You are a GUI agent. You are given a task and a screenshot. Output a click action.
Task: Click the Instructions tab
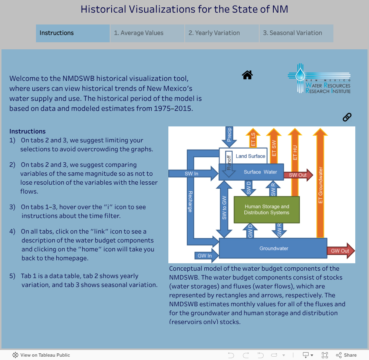pos(73,33)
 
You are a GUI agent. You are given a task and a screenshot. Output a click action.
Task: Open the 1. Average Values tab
pos(147,33)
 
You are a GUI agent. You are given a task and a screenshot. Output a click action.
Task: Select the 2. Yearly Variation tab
pos(222,33)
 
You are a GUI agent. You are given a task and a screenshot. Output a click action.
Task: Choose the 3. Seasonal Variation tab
pos(296,33)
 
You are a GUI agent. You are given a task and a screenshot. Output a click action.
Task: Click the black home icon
pos(247,75)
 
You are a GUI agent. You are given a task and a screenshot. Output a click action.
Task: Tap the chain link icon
pos(347,117)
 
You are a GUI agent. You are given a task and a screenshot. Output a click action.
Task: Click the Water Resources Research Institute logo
pos(319,79)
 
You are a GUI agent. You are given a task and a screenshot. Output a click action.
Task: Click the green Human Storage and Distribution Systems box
pos(266,209)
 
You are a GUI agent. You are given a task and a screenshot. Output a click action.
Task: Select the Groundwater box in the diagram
pos(273,248)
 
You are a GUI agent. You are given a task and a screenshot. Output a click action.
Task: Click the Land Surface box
pos(250,156)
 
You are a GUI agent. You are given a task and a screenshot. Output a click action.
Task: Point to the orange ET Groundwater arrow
pos(320,185)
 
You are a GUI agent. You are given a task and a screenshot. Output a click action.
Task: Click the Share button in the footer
pos(346,355)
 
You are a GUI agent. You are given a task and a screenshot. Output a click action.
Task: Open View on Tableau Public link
pos(41,355)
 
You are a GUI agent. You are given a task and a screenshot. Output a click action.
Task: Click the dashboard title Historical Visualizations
pos(184,9)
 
